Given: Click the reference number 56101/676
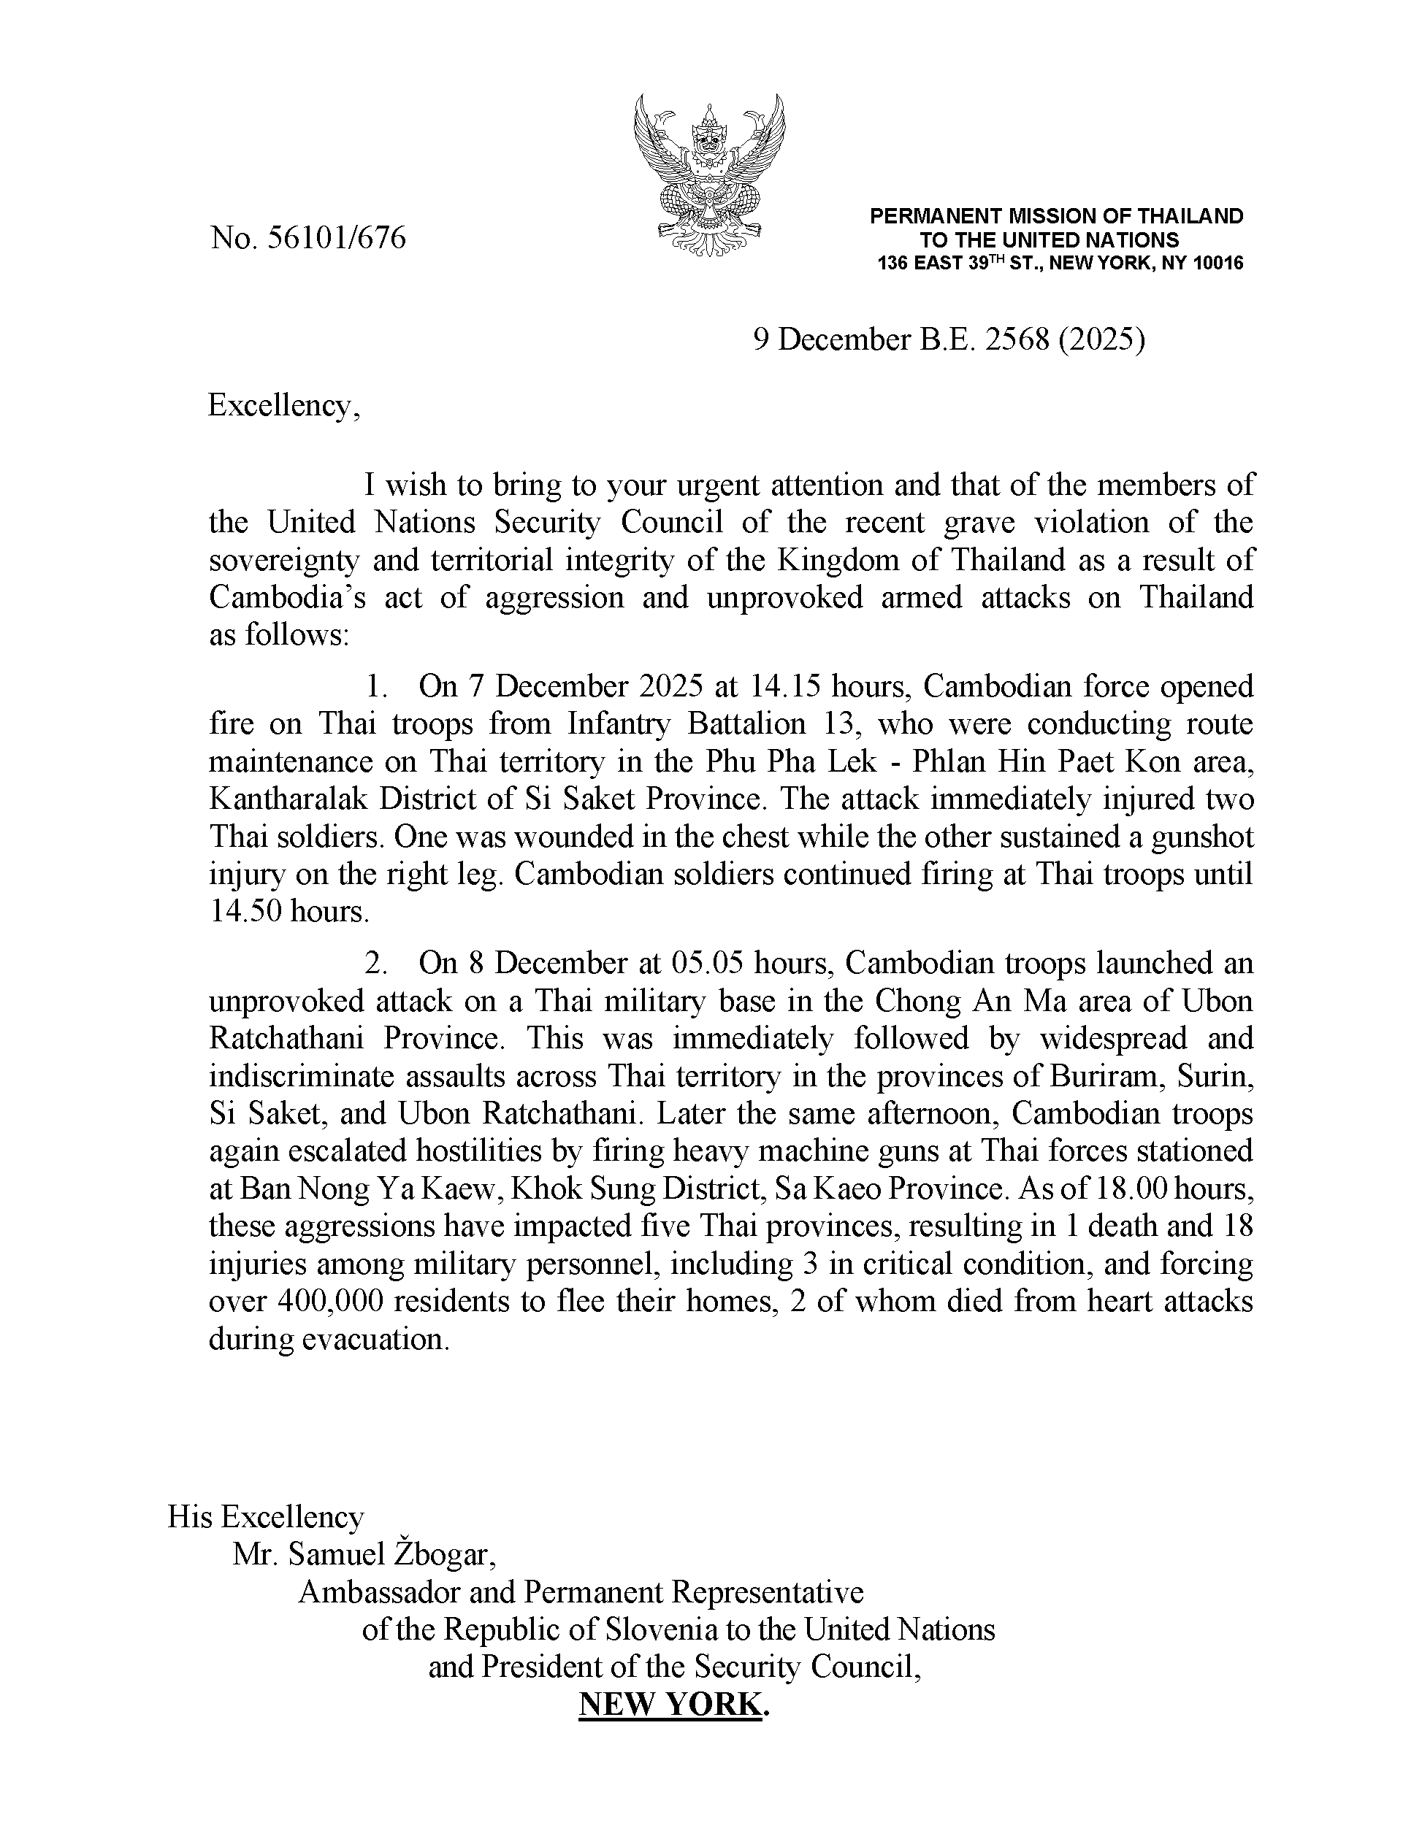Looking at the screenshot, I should [x=336, y=239].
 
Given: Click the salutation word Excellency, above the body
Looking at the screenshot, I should [x=284, y=406].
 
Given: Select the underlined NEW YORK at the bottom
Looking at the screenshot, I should [x=670, y=1704].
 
